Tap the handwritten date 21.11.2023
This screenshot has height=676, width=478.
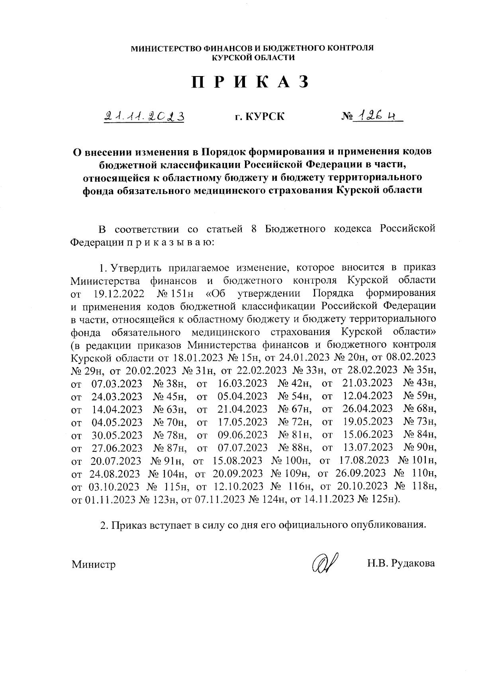[144, 116]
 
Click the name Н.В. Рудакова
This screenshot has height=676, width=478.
[401, 564]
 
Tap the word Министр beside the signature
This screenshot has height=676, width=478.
[94, 564]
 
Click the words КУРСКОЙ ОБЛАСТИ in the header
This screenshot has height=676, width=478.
[253, 58]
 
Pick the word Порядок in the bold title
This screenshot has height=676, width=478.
[223, 152]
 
